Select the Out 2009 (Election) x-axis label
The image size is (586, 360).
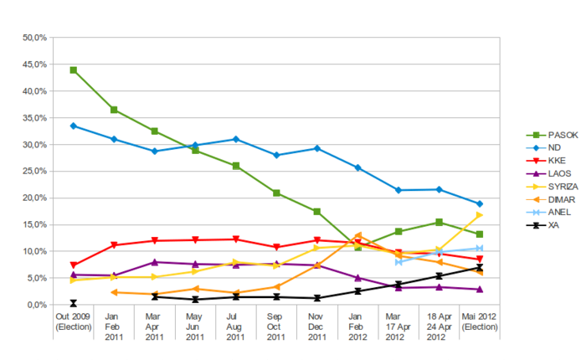[74, 322]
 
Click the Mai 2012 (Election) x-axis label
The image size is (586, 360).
[479, 322]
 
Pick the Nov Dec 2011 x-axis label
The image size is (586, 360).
[316, 327]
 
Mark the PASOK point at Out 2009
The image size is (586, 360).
[74, 70]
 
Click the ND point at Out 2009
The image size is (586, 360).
[74, 126]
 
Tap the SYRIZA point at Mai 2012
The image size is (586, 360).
[479, 215]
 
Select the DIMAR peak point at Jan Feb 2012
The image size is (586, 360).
[357, 235]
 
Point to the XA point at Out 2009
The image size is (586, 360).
[74, 303]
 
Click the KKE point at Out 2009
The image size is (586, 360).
[74, 265]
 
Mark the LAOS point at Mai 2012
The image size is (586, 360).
[479, 290]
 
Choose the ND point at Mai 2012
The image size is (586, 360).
[479, 203]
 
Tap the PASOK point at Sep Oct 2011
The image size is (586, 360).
[276, 193]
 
